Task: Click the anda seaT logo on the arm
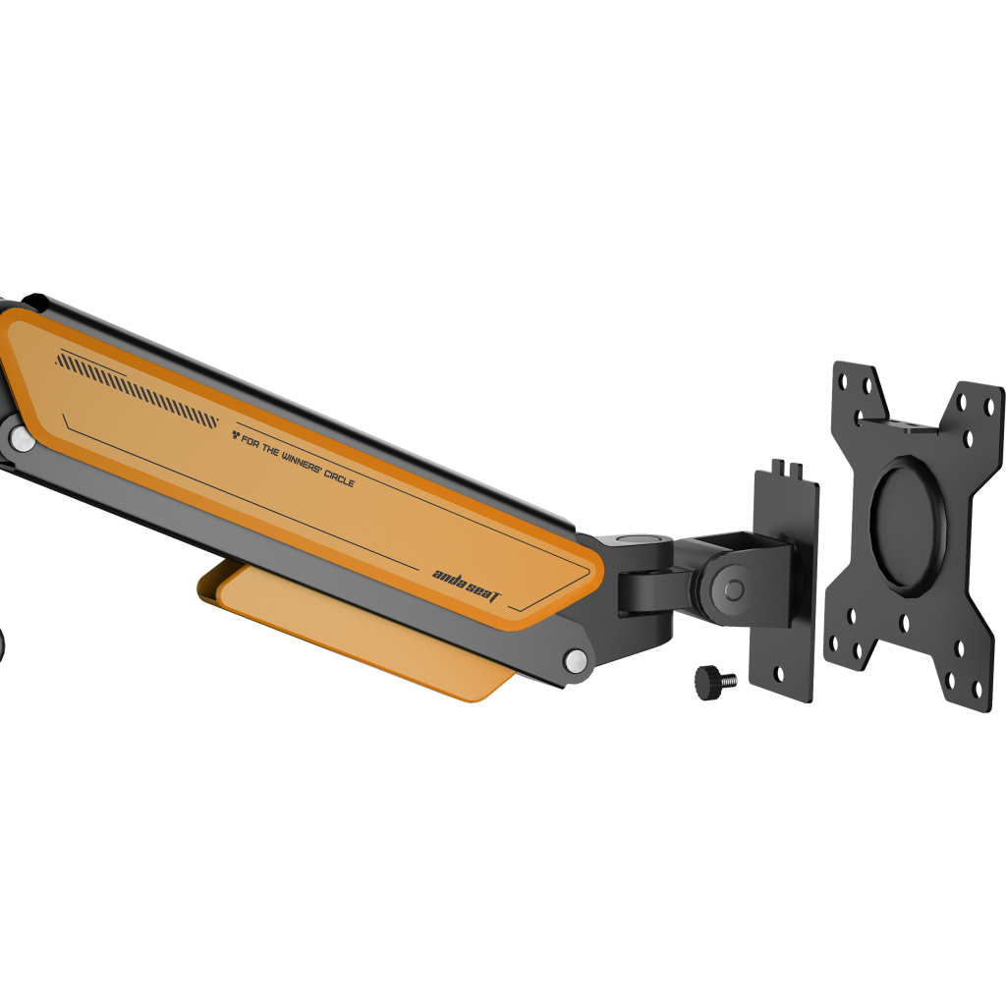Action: (466, 586)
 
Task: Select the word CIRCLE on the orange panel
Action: (339, 476)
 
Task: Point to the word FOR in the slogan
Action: (251, 442)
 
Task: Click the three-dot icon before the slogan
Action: (236, 436)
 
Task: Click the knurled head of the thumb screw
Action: (707, 683)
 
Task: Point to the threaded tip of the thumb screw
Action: (729, 679)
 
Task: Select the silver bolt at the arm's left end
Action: (23, 438)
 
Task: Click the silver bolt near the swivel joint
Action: (576, 660)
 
